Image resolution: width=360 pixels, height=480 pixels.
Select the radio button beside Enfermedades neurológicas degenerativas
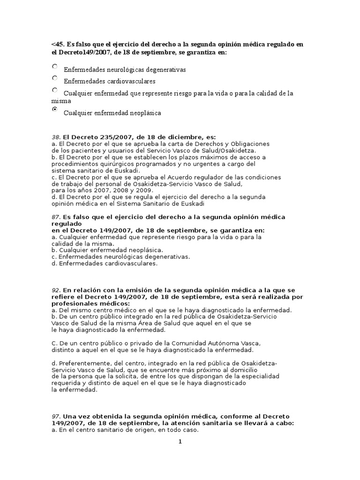pos(55,67)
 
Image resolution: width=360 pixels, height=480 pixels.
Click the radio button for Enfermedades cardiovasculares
pos(55,78)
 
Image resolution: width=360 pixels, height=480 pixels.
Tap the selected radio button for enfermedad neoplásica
pos(55,109)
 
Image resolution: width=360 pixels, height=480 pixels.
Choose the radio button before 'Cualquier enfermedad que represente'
pos(55,90)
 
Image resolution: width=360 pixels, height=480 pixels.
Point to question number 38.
pos(56,137)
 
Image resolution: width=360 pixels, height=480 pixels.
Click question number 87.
pos(56,217)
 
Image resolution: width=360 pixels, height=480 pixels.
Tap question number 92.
pos(56,290)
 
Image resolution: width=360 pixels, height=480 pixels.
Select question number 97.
pos(56,416)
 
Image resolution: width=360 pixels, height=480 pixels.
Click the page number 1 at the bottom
pos(180,442)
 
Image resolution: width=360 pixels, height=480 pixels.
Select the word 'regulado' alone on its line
pos(65,224)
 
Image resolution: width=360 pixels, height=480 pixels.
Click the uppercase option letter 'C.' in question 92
pos(54,343)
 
